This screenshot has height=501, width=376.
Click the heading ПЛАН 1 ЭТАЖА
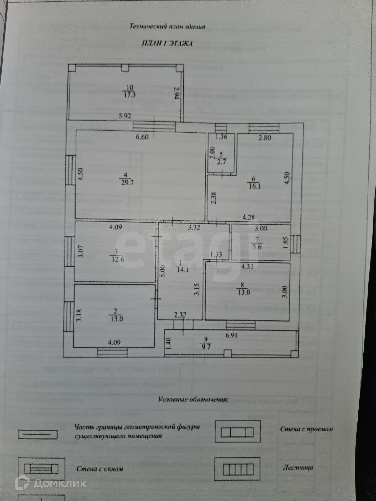click(x=167, y=44)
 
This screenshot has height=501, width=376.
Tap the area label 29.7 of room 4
click(x=128, y=183)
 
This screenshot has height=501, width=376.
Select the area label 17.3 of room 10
click(x=129, y=95)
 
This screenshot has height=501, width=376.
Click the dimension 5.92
click(x=124, y=116)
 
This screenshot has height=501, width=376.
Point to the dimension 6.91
click(x=231, y=335)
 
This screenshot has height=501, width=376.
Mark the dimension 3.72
click(x=194, y=228)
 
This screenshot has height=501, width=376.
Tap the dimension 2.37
click(x=180, y=315)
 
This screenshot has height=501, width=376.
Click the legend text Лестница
click(x=298, y=468)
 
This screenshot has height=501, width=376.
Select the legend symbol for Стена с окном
click(x=41, y=469)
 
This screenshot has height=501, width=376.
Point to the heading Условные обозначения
click(x=193, y=400)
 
